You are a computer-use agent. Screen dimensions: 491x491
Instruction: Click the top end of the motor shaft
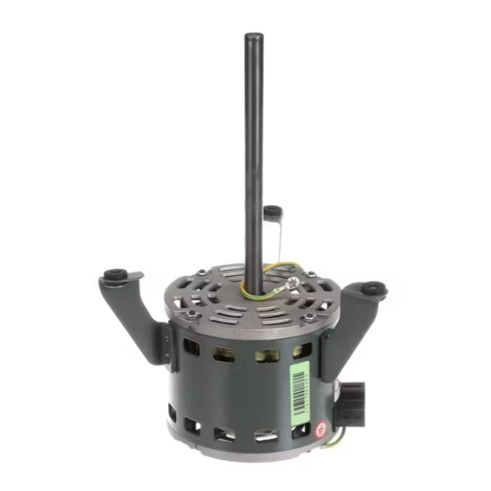coord(254,38)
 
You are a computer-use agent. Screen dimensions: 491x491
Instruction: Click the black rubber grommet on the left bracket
coord(114,273)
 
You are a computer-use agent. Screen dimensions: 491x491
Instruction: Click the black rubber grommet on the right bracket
coord(373,288)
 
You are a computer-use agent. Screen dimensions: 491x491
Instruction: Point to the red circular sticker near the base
coord(323,426)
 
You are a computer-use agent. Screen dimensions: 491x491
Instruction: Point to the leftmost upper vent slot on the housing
coord(191,347)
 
